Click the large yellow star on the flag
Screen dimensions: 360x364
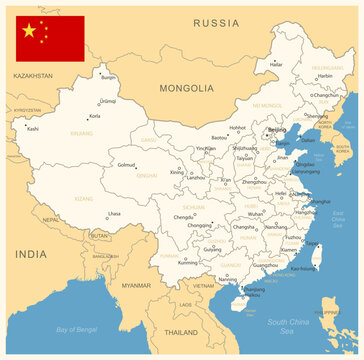click(x=29, y=31)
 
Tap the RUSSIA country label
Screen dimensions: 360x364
click(x=216, y=22)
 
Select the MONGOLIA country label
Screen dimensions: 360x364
click(x=187, y=88)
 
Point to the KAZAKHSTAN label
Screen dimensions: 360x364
click(x=33, y=76)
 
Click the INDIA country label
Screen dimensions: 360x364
click(x=30, y=254)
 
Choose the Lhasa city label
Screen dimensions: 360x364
click(x=114, y=213)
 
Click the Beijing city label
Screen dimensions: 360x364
click(x=277, y=130)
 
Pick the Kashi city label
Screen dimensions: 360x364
click(x=33, y=129)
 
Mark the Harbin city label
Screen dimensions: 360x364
click(x=325, y=76)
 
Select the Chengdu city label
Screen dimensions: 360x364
click(x=184, y=217)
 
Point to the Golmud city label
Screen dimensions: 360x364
click(x=126, y=165)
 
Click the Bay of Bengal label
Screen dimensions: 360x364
click(x=78, y=329)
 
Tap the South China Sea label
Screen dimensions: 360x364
click(x=289, y=322)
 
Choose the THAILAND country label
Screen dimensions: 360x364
click(x=181, y=331)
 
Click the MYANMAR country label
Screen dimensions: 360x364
click(x=136, y=286)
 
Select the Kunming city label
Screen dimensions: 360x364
click(x=188, y=262)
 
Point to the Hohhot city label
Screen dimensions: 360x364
click(x=237, y=128)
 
